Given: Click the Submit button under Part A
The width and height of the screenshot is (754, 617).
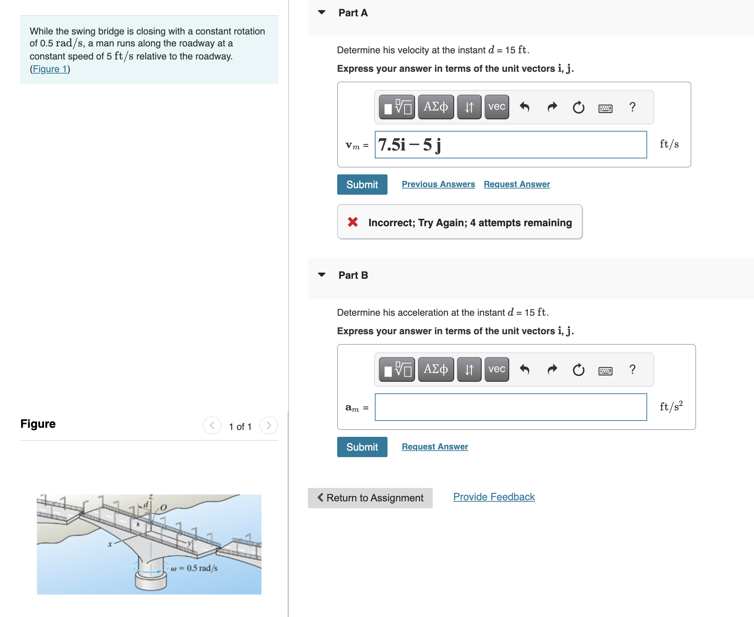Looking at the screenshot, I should click(362, 185).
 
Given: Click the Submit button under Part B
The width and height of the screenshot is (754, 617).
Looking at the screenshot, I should click(362, 447).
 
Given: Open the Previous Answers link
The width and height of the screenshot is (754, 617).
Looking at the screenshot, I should click(438, 184).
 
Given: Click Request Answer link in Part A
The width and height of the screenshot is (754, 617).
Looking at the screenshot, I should click(517, 184).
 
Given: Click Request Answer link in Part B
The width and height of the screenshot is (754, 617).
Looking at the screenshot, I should click(435, 447).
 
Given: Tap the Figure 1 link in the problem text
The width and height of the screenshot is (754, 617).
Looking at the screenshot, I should click(50, 69).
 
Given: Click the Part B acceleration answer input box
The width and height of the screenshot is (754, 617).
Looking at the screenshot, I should click(511, 407).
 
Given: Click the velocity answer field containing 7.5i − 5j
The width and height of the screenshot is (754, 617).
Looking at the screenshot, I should click(511, 145).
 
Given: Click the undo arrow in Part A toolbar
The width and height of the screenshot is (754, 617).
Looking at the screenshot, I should click(525, 107).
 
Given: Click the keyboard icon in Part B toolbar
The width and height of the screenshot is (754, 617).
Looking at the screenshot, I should click(605, 370).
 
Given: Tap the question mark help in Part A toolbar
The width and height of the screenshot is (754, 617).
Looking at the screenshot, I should click(632, 107).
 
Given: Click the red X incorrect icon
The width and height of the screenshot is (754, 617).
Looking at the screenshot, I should click(353, 222).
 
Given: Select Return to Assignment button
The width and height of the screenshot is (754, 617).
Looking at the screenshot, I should click(370, 498).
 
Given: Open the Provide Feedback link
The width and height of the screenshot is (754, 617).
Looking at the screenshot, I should click(494, 497).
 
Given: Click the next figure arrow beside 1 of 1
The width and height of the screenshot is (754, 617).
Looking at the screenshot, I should click(269, 426).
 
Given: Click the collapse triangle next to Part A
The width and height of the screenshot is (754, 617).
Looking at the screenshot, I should click(322, 12).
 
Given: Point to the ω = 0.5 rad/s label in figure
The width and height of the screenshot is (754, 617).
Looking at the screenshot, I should click(194, 568).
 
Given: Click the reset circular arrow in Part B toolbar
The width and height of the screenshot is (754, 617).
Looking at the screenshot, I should click(578, 370).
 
